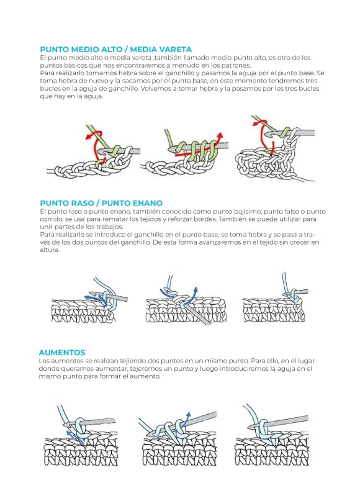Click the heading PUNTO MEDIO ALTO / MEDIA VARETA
pos(115,50)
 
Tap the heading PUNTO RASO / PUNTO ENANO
pos(101,203)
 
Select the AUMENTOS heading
pos(62,353)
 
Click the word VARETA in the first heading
pos(176,50)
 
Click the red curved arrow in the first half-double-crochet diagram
pos(95,142)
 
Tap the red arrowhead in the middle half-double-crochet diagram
pos(220,136)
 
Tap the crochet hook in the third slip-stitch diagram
pos(297,292)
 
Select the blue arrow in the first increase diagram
pos(75,438)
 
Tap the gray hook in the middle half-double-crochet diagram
pos(199,147)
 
